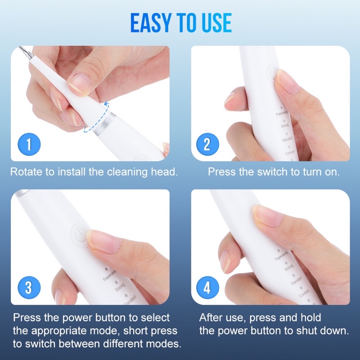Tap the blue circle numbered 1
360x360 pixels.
[29, 145]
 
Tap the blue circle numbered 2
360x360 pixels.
[207, 145]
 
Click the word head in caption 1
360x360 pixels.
[165, 172]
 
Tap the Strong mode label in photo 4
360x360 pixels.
[288, 269]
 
